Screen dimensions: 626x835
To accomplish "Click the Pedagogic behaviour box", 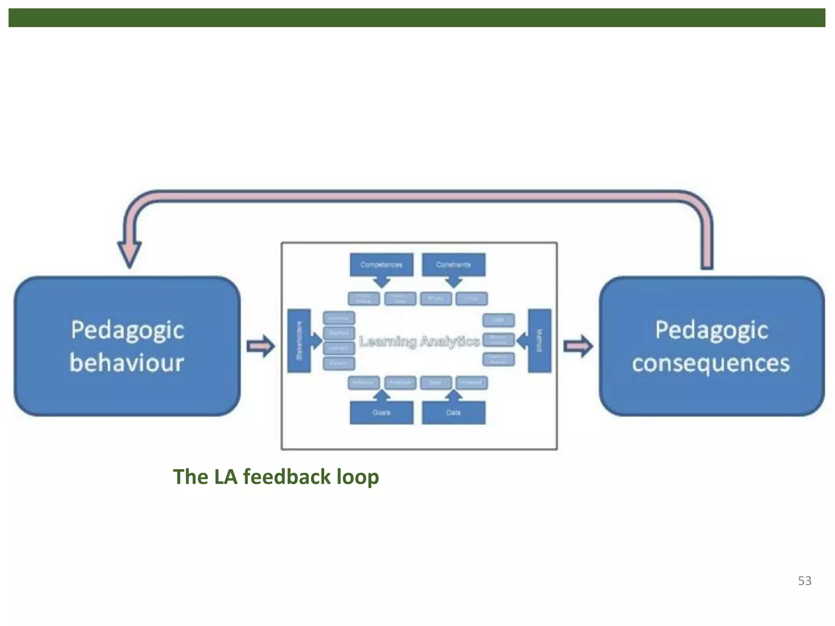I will tap(127, 346).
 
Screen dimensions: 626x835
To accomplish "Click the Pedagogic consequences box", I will tap(711, 346).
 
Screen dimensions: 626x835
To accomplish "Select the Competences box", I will tap(381, 265).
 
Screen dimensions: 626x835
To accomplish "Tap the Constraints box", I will tap(453, 265).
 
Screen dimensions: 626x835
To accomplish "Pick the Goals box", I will tap(381, 412).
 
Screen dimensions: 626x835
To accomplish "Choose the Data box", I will tap(453, 412).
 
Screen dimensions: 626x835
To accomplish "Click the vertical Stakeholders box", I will tap(299, 341).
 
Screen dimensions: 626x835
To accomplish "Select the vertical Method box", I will tap(539, 341).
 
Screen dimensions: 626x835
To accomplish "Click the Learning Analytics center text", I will tap(419, 342).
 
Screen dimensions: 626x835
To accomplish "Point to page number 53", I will tap(804, 581).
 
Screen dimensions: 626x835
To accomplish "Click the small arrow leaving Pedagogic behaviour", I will tap(261, 346).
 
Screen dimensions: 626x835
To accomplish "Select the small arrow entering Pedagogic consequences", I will tap(578, 346).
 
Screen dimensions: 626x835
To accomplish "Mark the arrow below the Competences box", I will tap(382, 282).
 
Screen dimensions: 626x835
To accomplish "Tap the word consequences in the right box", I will tap(711, 364).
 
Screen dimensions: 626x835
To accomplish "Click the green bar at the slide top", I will tap(417, 18).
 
